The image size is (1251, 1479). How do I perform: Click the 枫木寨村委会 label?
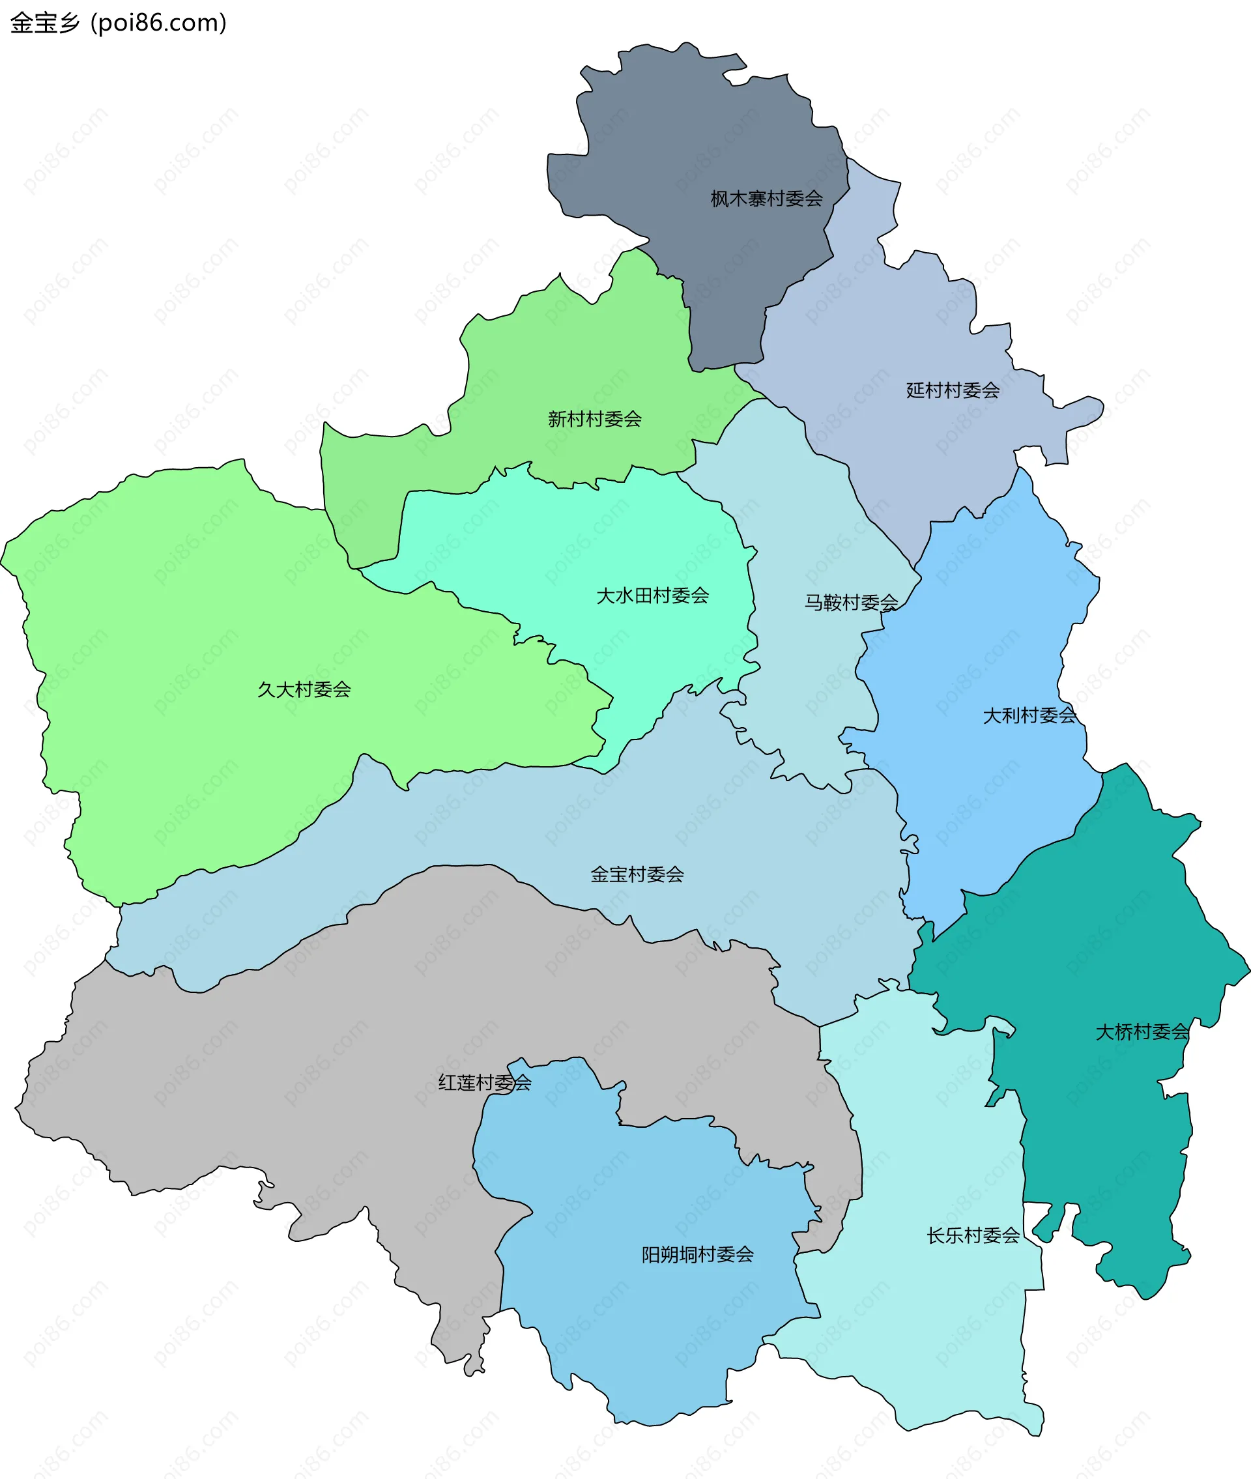pos(767,199)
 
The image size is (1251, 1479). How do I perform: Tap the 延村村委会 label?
pos(953,391)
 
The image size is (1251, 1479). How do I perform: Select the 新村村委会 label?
pos(594,420)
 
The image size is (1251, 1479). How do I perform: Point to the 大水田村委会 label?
pos(652,596)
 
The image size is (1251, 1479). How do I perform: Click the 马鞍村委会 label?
pos(851,603)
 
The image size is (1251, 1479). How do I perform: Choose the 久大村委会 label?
pos(304,690)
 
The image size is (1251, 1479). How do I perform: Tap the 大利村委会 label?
pos(1029,716)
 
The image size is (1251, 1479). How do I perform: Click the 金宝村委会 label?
pos(637,875)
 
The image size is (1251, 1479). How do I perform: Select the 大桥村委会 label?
pos(1142,1032)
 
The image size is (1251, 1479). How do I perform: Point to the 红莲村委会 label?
pos(484,1083)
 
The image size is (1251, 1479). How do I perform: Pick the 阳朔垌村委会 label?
pos(697,1255)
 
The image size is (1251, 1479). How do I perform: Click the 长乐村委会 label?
pos(973,1236)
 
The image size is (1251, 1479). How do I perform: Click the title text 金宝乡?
pos(45,23)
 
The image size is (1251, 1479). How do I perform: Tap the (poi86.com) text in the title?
pos(158,23)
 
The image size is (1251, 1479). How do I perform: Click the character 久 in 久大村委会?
pos(266,690)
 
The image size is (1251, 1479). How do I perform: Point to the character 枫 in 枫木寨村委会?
pos(720,199)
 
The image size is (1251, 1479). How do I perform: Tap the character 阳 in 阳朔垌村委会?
pos(650,1255)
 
